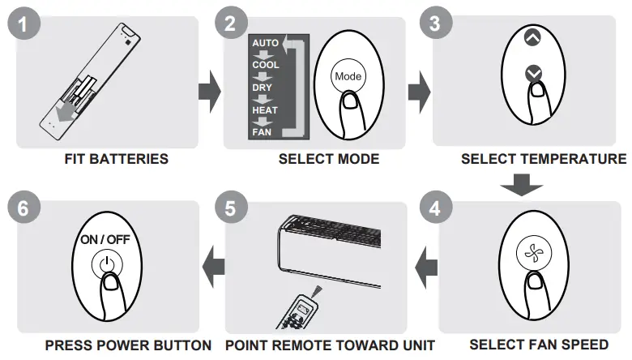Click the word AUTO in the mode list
(265, 42)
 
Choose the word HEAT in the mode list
(265, 108)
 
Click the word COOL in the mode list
(265, 65)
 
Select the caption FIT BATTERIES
(117, 159)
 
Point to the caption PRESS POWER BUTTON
(128, 345)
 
